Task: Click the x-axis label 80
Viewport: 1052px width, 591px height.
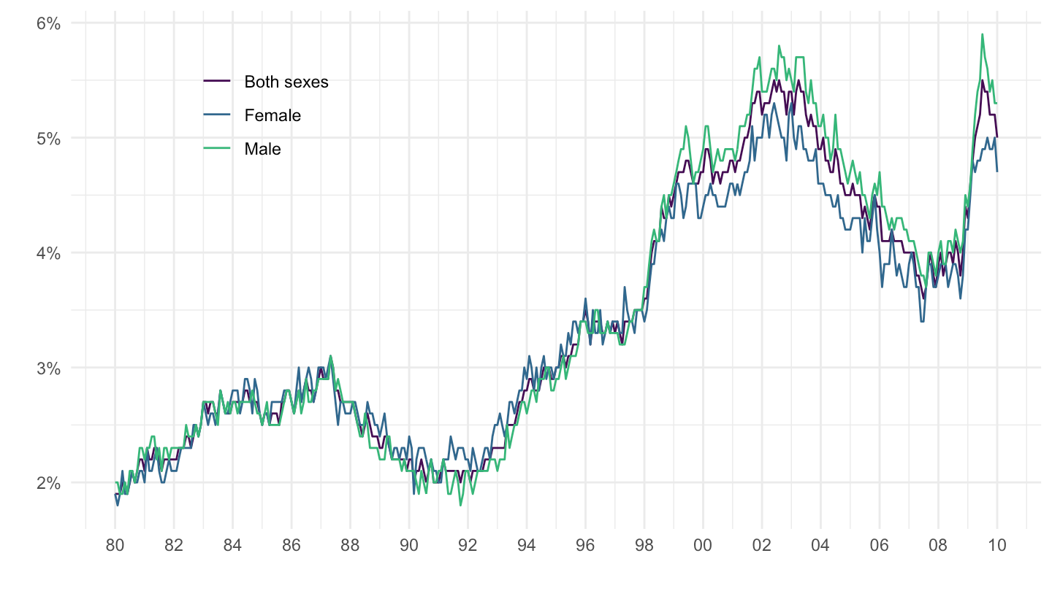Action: pyautogui.click(x=115, y=544)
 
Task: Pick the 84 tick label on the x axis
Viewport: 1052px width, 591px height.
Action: pyautogui.click(x=233, y=544)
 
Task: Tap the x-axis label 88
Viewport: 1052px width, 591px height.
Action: pyautogui.click(x=351, y=544)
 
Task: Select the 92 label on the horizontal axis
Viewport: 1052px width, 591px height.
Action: pyautogui.click(x=468, y=544)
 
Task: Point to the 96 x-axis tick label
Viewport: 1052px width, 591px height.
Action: pyautogui.click(x=586, y=544)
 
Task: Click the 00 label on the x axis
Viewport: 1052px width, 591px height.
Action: pyautogui.click(x=704, y=544)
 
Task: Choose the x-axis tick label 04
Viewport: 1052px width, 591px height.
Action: pyautogui.click(x=821, y=544)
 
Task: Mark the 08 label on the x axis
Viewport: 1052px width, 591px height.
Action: pyautogui.click(x=939, y=544)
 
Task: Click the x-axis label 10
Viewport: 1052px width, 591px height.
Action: pyautogui.click(x=998, y=544)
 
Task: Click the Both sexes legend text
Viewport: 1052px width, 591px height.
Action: pyautogui.click(x=286, y=82)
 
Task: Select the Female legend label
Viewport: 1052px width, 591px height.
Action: pyautogui.click(x=272, y=115)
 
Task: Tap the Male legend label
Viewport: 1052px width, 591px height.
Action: pyautogui.click(x=262, y=149)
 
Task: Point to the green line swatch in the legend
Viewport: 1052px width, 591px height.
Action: pyautogui.click(x=217, y=149)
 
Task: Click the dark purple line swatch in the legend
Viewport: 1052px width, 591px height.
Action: pyautogui.click(x=217, y=82)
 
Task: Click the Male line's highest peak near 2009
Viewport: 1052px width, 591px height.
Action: pyautogui.click(x=983, y=34)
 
